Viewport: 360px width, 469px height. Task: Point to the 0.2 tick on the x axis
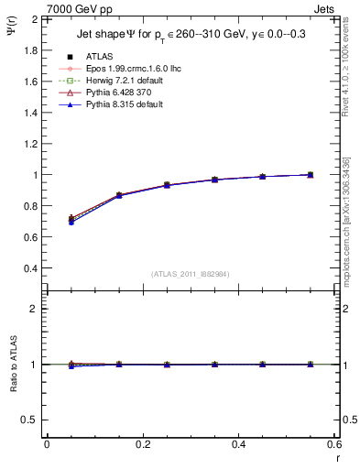[143, 443]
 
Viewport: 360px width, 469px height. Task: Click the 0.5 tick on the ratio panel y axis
[34, 420]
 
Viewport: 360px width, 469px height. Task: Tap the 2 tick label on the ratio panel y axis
[37, 309]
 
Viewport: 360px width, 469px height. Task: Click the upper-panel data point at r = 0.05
[71, 219]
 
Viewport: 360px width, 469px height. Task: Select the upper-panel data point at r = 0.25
[167, 185]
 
